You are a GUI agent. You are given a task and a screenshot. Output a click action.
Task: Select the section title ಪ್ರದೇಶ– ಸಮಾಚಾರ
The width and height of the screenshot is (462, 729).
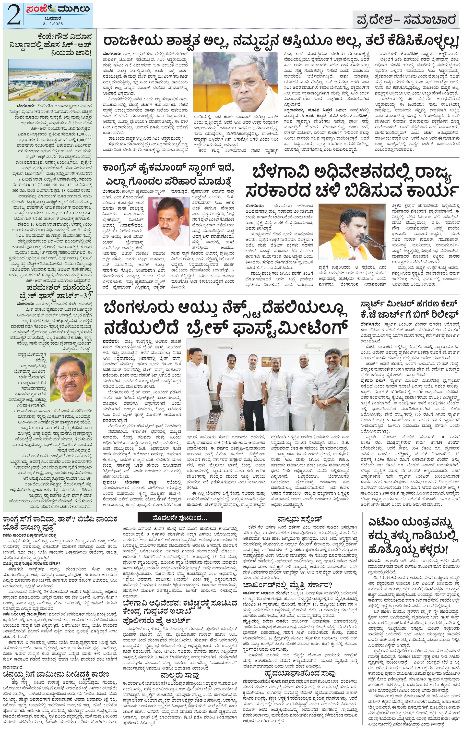coord(405,20)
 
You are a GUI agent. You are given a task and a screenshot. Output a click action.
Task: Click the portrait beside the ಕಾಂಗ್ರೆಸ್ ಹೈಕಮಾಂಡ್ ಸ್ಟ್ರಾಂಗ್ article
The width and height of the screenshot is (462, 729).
coord(168,222)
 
